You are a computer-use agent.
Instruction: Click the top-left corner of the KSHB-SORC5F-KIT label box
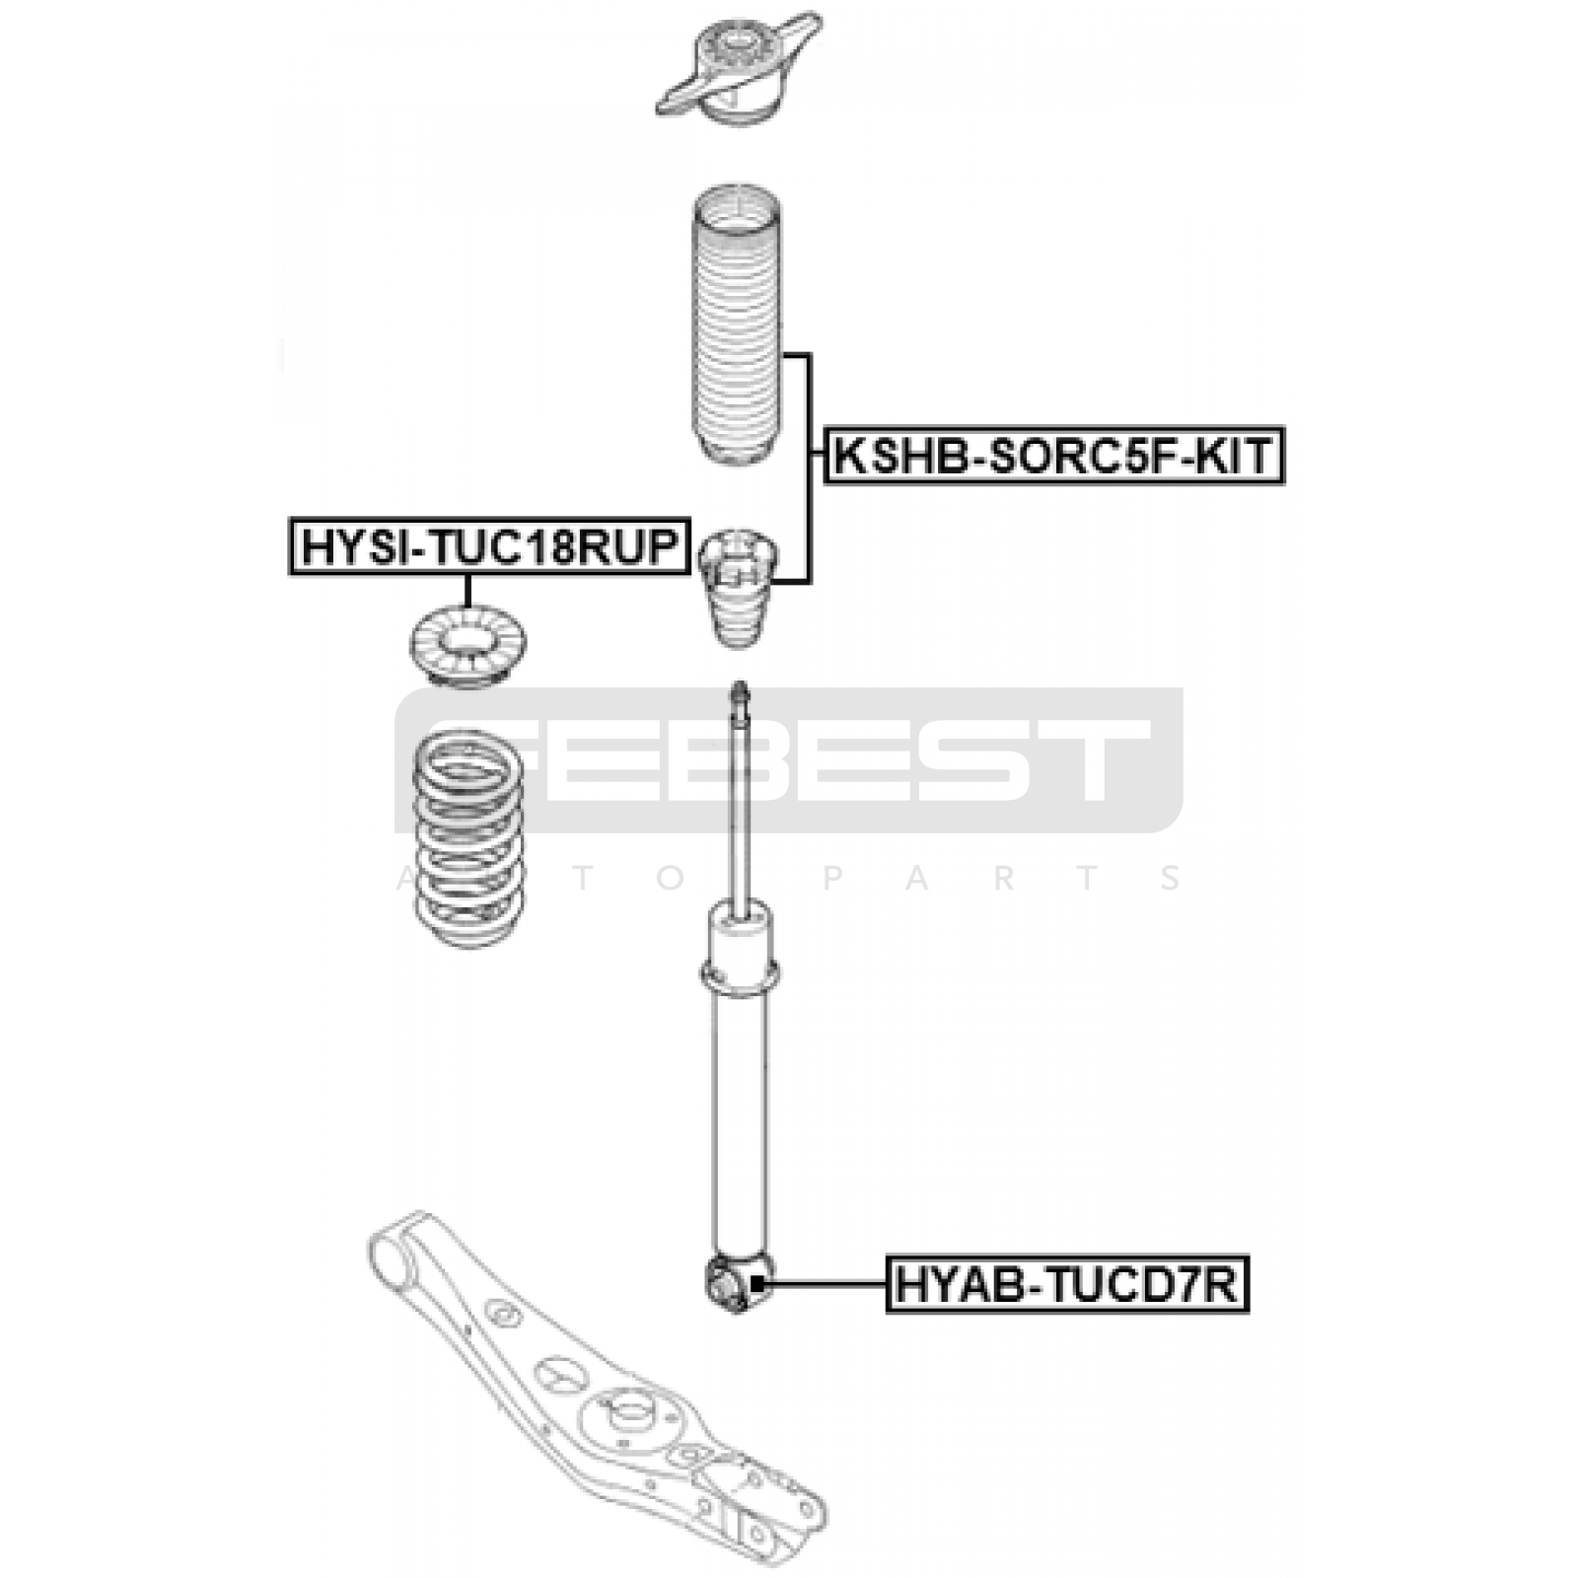click(x=825, y=428)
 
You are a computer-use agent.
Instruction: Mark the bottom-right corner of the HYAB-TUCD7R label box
click(x=1249, y=1312)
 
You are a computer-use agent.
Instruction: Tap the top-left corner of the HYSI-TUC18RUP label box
click(x=290, y=518)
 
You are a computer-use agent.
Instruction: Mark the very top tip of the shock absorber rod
click(x=740, y=681)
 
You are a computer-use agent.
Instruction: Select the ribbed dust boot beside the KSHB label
click(x=735, y=325)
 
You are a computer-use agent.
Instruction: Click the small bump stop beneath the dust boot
click(x=738, y=588)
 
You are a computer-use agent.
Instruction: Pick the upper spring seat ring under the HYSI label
click(x=467, y=647)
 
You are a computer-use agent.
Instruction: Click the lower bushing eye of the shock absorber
click(x=739, y=1284)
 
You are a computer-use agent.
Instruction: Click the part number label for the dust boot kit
click(x=1054, y=456)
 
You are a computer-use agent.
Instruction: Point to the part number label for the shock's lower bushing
click(x=1067, y=1284)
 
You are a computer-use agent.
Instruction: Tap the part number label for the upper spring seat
click(x=489, y=545)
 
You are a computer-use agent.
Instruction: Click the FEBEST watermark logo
click(x=789, y=760)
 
